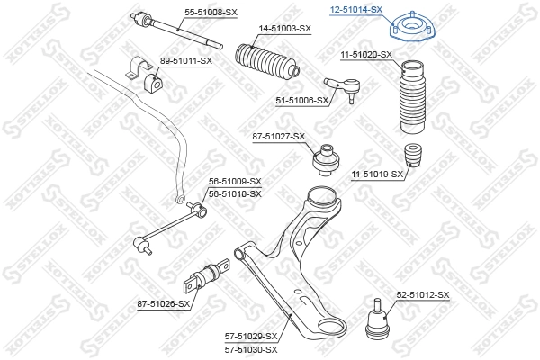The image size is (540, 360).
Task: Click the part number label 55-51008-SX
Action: [211, 13]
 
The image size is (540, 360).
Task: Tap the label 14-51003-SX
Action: [285, 30]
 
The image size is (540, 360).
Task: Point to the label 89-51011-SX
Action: [185, 60]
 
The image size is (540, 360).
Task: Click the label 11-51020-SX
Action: [365, 55]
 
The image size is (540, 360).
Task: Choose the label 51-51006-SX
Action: [301, 103]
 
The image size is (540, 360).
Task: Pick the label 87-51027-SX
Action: [279, 137]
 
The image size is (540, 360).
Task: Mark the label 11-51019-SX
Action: [377, 174]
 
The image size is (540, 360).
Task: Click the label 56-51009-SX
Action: [235, 182]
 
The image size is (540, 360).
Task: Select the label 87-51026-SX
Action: [164, 303]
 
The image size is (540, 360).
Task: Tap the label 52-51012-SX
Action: [422, 295]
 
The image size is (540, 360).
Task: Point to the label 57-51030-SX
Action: [251, 348]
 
